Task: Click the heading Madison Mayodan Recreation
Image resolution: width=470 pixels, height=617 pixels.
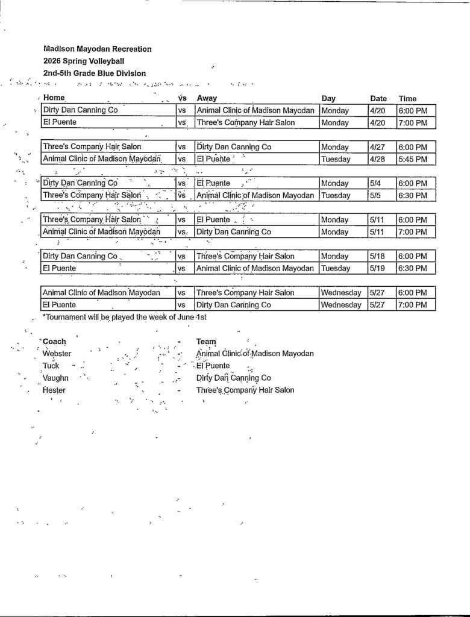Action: click(x=97, y=49)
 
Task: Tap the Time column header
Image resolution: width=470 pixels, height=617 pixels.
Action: click(x=407, y=98)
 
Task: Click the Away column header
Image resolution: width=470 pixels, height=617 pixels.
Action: click(x=207, y=98)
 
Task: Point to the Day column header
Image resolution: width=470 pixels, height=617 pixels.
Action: click(x=328, y=98)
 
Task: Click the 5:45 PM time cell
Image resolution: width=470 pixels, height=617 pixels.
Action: click(x=412, y=159)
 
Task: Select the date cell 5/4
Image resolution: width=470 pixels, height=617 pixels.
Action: click(x=376, y=183)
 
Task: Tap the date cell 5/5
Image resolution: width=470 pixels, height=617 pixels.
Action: click(x=376, y=195)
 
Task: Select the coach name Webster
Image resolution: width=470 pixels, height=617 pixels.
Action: click(x=57, y=354)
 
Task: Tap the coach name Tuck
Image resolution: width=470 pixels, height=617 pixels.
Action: click(x=51, y=366)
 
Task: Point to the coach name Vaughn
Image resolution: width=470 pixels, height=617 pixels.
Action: click(x=55, y=378)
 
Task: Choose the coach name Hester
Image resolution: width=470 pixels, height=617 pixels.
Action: click(x=54, y=390)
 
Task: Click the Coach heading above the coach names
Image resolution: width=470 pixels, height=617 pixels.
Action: click(x=55, y=341)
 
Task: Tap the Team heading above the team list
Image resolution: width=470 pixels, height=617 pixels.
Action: click(x=206, y=341)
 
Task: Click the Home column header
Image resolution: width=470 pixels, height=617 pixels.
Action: click(x=54, y=98)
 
